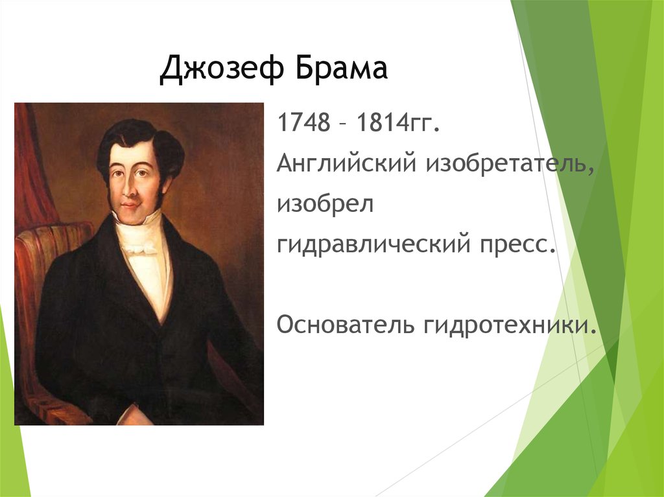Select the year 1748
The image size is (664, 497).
(x=300, y=123)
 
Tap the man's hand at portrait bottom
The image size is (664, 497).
(x=133, y=415)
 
